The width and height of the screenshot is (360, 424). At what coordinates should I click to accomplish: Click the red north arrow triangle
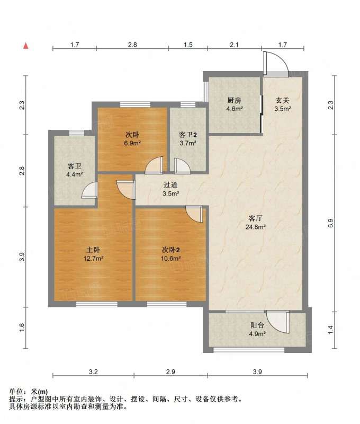26,46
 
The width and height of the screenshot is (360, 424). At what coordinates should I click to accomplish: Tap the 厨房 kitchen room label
234,101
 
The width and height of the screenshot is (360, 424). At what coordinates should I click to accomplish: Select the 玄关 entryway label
283,101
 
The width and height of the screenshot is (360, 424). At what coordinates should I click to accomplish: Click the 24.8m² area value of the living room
256,227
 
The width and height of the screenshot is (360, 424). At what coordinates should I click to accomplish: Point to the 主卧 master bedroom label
93,250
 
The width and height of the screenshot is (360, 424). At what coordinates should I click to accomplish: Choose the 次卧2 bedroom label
170,250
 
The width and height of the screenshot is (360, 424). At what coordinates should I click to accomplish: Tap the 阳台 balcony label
257,325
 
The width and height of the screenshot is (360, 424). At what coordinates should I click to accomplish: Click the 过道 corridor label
170,185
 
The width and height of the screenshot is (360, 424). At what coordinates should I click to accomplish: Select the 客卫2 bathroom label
188,135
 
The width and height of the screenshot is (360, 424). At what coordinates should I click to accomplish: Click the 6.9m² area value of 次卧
132,143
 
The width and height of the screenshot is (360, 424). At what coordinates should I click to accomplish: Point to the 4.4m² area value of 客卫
75,175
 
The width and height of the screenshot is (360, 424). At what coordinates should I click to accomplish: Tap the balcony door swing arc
278,322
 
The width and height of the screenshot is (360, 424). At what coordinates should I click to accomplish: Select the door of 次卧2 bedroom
194,214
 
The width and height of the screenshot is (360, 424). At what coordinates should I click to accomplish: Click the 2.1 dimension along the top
234,45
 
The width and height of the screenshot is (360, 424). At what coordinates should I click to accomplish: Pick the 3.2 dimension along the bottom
93,372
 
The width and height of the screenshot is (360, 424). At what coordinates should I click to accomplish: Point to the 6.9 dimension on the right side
331,223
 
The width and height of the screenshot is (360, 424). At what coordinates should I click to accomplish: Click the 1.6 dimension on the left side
22,328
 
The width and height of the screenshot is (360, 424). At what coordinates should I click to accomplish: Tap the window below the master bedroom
97,304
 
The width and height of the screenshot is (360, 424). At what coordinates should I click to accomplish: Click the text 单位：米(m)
29,392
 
